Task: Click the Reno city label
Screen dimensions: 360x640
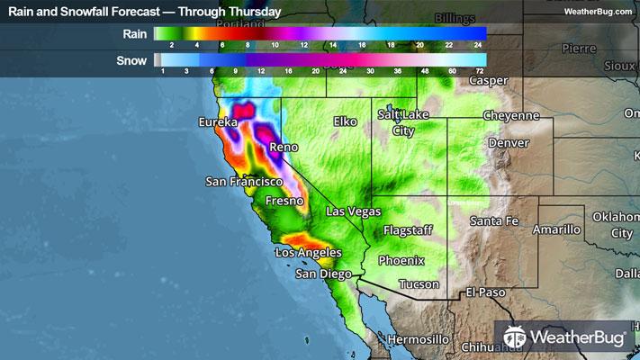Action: [x=284, y=147]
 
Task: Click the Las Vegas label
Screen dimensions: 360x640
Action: [x=352, y=211]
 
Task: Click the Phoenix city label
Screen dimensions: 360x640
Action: [x=401, y=261]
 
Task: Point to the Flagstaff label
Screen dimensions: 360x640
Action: [x=409, y=230]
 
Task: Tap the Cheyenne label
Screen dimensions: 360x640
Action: [x=510, y=116]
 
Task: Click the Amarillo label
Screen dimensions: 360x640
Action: [x=556, y=230]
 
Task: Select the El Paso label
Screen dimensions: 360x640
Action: [x=488, y=293]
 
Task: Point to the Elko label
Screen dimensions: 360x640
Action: [x=346, y=121]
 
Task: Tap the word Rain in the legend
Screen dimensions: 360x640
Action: [x=136, y=33]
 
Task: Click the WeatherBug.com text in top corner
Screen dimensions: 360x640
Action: [x=599, y=11]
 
